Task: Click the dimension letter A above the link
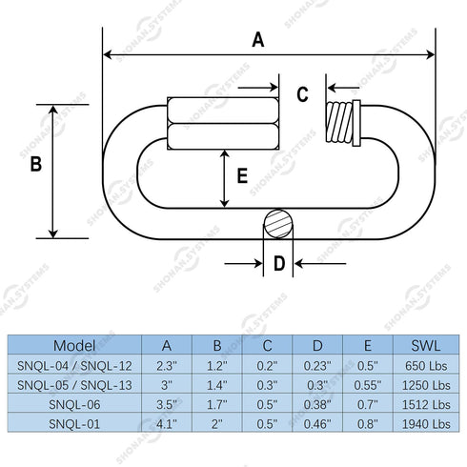coord(258,40)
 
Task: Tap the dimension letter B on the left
coord(36,164)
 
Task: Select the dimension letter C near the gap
coord(302,94)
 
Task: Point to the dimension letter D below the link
coord(279,263)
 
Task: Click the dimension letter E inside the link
coord(242,175)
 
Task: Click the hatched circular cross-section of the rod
coord(278,224)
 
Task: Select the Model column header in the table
coord(74,345)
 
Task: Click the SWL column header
coord(426,345)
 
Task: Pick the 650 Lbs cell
coord(426,366)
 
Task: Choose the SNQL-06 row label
coord(74,404)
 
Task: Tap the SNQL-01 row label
coord(74,424)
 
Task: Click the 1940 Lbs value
coord(426,424)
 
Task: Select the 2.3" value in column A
coord(167,366)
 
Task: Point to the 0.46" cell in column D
coord(317,424)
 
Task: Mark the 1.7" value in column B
coord(217,404)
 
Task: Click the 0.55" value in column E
coord(368,385)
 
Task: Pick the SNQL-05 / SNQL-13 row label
coord(74,385)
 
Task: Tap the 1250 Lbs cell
coord(426,385)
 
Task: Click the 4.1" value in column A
coord(167,424)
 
